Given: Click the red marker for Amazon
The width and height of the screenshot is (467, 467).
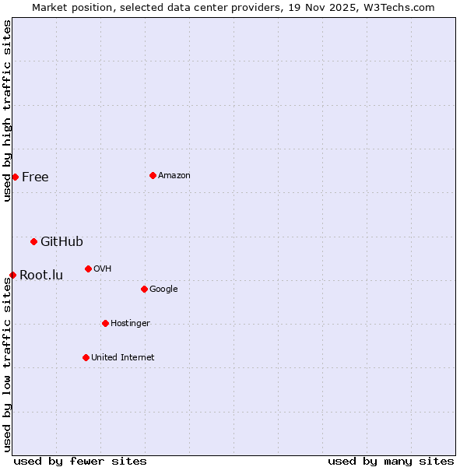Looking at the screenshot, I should click(x=153, y=175).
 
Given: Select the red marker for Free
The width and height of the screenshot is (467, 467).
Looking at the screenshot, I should click(x=15, y=177).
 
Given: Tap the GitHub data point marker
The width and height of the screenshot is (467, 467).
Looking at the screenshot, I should click(x=33, y=241).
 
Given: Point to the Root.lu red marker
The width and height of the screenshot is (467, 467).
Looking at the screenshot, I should click(x=12, y=275).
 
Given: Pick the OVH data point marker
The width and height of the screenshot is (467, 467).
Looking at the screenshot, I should click(x=88, y=269).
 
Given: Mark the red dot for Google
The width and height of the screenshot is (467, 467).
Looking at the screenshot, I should click(x=144, y=289).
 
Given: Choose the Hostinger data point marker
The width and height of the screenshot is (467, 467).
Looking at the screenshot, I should click(x=105, y=323).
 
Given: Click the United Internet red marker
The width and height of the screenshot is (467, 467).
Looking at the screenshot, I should click(x=86, y=357).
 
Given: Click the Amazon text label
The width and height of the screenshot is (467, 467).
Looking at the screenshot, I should click(x=174, y=176).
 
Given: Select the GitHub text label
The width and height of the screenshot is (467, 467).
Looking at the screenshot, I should click(x=61, y=242).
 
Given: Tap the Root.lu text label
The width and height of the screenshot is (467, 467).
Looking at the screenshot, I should click(x=41, y=276).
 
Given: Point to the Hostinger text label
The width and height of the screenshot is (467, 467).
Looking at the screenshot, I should click(x=130, y=324).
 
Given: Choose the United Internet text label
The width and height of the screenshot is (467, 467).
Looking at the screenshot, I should click(x=123, y=358).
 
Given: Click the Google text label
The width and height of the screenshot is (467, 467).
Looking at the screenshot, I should click(x=163, y=290).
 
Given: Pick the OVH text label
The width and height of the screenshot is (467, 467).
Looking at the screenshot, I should click(x=103, y=269).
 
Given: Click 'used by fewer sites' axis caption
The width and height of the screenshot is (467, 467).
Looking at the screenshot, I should click(x=80, y=461).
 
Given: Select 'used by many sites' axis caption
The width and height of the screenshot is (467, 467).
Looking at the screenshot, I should click(x=391, y=461).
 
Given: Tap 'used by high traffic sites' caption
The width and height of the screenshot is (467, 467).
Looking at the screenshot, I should click(x=7, y=111).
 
